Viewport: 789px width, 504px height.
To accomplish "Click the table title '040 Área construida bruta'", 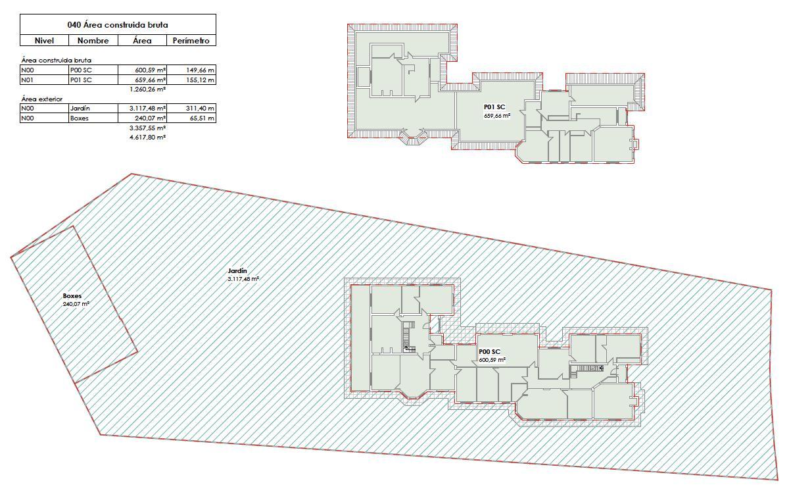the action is pyautogui.click(x=118, y=25).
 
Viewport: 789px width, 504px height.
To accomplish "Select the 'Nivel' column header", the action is pyautogui.click(x=44, y=41).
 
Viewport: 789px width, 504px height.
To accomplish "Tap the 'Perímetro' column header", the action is pyautogui.click(x=191, y=41).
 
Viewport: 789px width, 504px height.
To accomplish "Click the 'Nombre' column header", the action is pyautogui.click(x=93, y=41).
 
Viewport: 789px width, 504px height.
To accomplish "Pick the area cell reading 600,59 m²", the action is pyautogui.click(x=151, y=70).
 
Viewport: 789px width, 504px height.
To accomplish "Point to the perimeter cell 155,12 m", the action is pyautogui.click(x=200, y=80).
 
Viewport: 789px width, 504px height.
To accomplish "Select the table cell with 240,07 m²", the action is pyautogui.click(x=151, y=118).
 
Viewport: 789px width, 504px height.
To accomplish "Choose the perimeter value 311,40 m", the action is pyautogui.click(x=200, y=108).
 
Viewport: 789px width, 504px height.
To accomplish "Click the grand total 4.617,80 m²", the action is pyautogui.click(x=147, y=137).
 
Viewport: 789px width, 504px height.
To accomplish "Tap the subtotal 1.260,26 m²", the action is pyautogui.click(x=147, y=89).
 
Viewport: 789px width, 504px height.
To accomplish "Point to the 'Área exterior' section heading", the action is pyautogui.click(x=42, y=99).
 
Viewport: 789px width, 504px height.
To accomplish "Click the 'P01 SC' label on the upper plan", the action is pyautogui.click(x=494, y=107).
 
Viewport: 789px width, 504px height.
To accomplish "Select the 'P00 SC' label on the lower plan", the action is pyautogui.click(x=490, y=352).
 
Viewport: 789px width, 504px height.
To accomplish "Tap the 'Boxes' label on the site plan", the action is pyautogui.click(x=72, y=296).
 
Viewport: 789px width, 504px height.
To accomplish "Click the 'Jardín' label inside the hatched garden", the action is pyautogui.click(x=237, y=270).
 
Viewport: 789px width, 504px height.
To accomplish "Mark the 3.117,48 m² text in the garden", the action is pyautogui.click(x=243, y=279).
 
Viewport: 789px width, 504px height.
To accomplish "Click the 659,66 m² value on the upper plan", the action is pyautogui.click(x=497, y=115).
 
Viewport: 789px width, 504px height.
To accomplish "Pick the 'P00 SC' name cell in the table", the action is pyautogui.click(x=81, y=70).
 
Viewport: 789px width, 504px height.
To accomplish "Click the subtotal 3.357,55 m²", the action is pyautogui.click(x=147, y=128).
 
